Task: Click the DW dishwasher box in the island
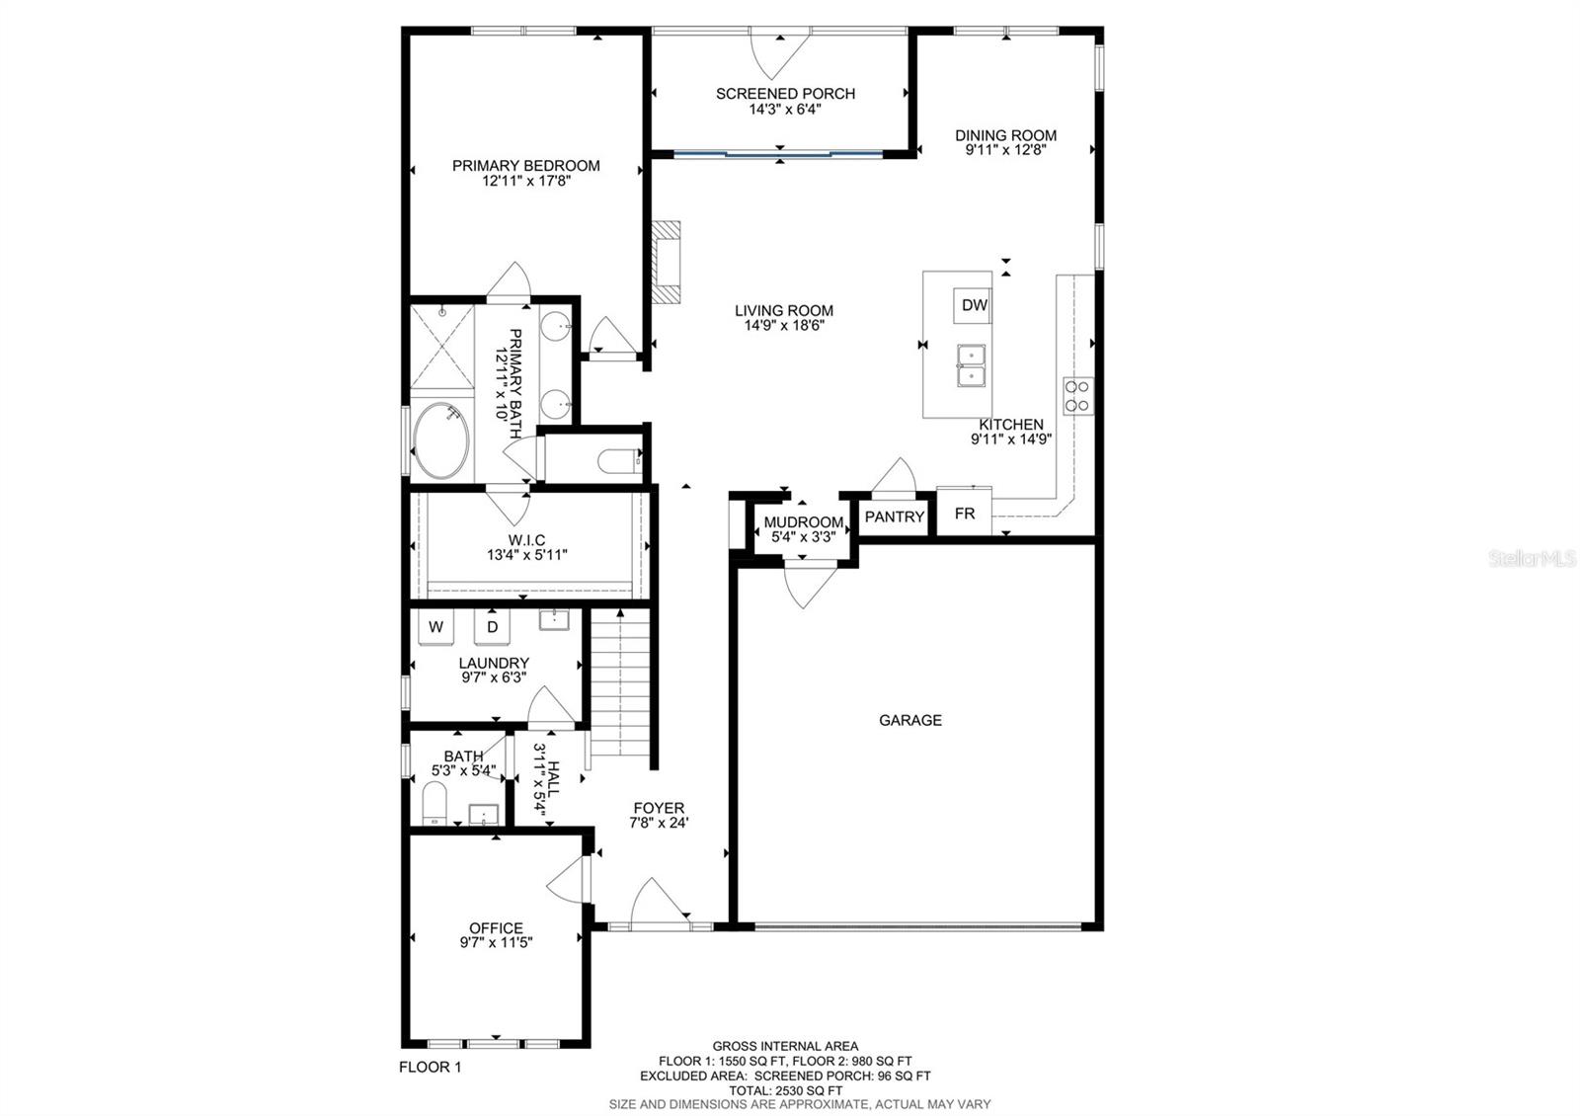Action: [x=974, y=305]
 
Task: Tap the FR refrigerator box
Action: [x=964, y=514]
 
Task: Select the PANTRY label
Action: [x=894, y=517]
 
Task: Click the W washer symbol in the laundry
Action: [x=435, y=627]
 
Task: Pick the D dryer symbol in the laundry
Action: [x=492, y=627]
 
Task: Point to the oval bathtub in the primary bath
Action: [x=440, y=441]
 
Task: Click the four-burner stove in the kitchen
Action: [x=1077, y=395]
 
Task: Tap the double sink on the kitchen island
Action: [x=971, y=365]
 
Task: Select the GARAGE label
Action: [x=909, y=720]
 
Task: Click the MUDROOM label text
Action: [x=804, y=522]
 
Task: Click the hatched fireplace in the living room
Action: [x=667, y=262]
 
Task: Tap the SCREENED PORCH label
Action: [x=785, y=94]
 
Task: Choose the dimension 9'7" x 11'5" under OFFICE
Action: [x=496, y=943]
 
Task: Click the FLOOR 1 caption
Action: [x=430, y=1067]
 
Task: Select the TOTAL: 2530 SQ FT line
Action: [x=785, y=1090]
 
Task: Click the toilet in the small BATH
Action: [x=434, y=802]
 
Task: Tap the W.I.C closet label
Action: [x=526, y=539]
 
